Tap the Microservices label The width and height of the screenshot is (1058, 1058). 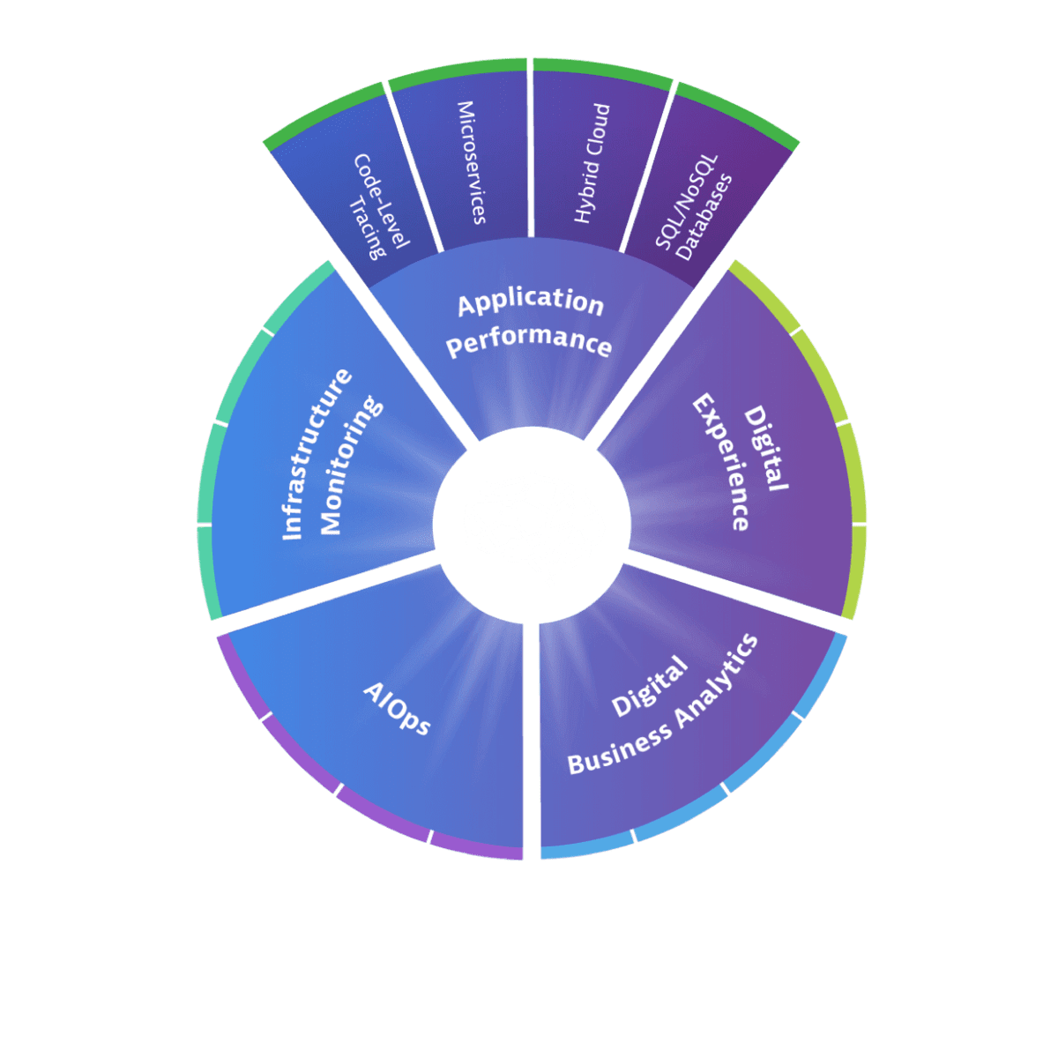470,163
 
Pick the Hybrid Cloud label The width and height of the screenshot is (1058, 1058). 592,163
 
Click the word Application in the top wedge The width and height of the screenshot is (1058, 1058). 530,302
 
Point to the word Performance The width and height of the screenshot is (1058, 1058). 529,342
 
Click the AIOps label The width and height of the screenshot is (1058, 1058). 398,708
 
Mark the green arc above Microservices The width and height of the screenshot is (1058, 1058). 457,73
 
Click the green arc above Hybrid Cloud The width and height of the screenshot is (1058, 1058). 602,73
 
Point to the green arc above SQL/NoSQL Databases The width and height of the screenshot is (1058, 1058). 737,113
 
